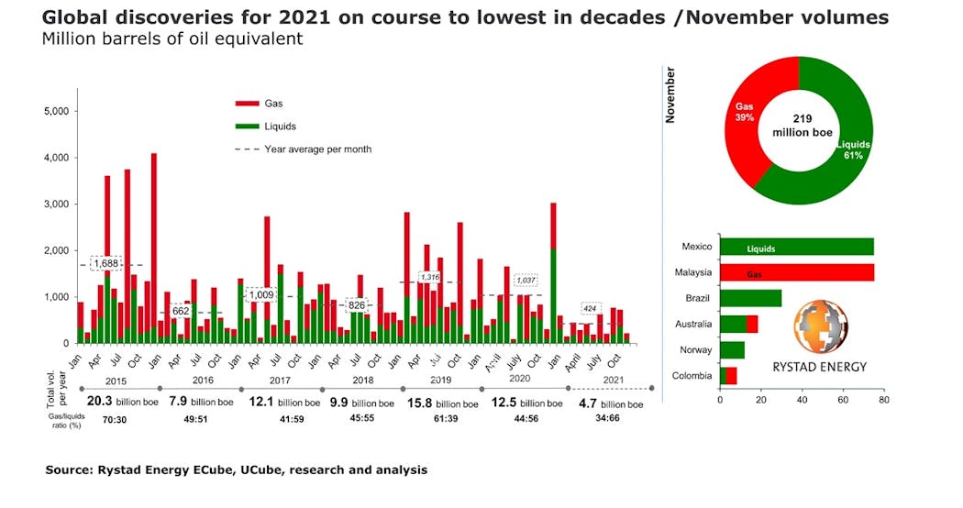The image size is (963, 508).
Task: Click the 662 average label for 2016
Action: (x=181, y=311)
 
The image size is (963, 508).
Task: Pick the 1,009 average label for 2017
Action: (x=259, y=294)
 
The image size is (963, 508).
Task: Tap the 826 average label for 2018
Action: (x=357, y=304)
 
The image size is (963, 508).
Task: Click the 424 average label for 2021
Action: (x=590, y=308)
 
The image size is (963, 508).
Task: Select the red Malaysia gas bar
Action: (x=796, y=273)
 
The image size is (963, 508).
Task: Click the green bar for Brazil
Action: (x=750, y=298)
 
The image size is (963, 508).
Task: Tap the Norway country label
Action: (x=695, y=349)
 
